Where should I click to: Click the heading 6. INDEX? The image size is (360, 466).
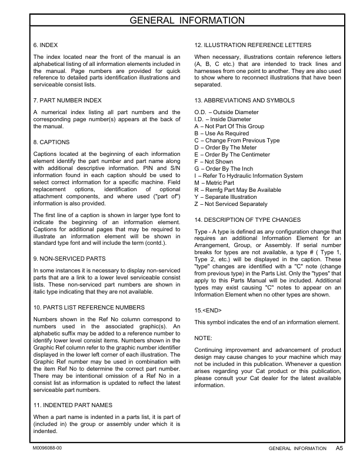46,45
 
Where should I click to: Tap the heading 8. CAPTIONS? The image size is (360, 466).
52,142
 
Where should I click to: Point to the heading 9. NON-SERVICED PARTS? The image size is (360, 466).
69,242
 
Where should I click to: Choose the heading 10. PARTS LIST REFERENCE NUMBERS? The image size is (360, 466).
89,307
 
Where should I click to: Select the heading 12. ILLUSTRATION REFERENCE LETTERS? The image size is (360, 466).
253,45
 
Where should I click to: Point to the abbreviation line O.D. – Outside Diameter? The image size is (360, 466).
226,111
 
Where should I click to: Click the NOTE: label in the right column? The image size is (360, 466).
203,338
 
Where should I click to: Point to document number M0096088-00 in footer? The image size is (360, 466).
51,449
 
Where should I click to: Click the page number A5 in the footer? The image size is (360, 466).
339,448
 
